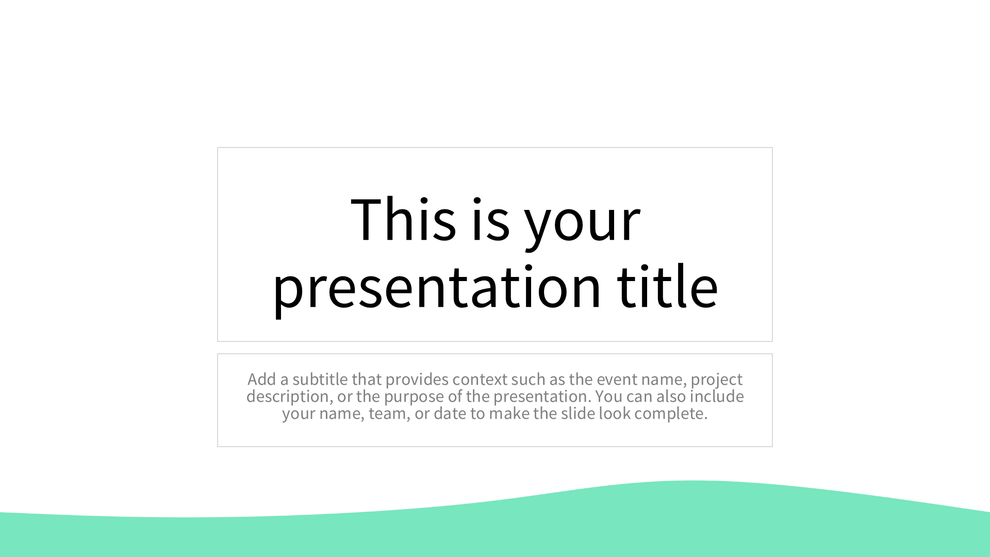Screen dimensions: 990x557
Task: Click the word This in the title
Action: point(403,219)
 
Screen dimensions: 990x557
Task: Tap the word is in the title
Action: point(491,219)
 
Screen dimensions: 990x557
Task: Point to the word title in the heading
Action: point(668,286)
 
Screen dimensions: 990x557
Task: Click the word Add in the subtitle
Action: point(262,379)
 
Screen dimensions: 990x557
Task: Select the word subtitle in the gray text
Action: point(320,379)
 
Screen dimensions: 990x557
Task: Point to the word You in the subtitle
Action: point(609,396)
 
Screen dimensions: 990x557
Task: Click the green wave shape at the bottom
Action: point(495,531)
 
